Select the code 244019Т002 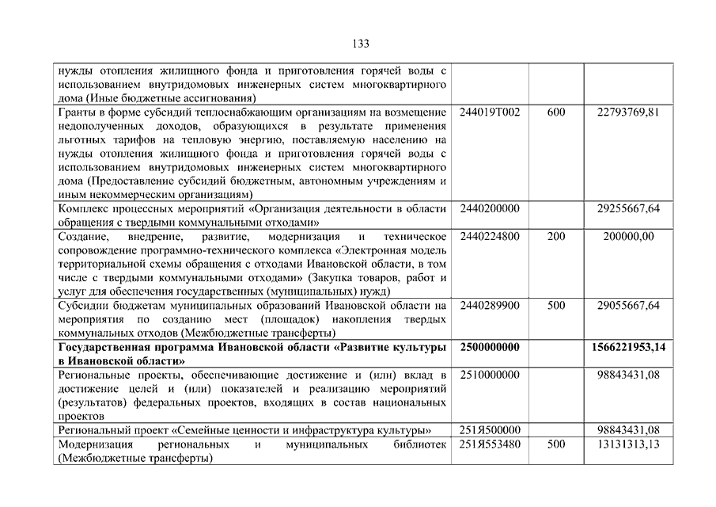point(490,112)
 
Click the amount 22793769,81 point(629,112)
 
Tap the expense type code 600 point(556,112)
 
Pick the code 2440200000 point(489,208)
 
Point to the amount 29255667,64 point(629,208)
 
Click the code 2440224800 point(489,236)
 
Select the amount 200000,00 point(629,236)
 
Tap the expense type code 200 point(556,236)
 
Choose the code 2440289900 point(489,305)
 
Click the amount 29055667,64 point(629,305)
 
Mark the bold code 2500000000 point(489,347)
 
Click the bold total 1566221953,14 point(629,347)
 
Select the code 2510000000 point(489,374)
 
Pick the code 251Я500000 point(489,429)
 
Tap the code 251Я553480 point(489,444)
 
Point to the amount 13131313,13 point(629,444)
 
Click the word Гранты point(77,112)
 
